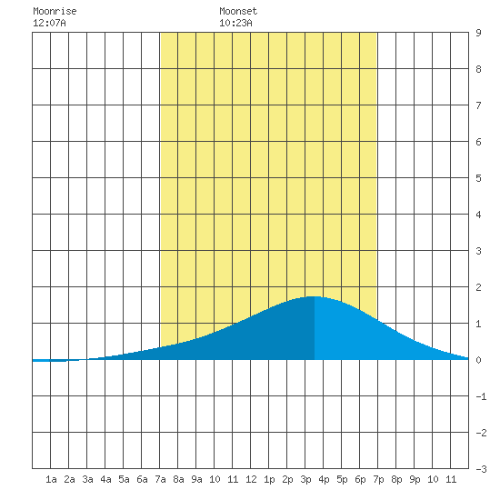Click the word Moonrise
[x=55, y=12]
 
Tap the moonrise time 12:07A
[x=49, y=23]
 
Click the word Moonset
[x=238, y=12]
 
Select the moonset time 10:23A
[x=235, y=23]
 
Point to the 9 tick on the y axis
[x=478, y=33]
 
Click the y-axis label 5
[x=478, y=178]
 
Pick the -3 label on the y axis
[x=481, y=469]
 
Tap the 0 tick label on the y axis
[x=478, y=360]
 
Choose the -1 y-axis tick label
[x=481, y=396]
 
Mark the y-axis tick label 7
[x=478, y=105]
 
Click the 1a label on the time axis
[x=51, y=479]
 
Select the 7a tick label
[x=160, y=479]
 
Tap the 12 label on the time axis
[x=251, y=479]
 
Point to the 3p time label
[x=305, y=479]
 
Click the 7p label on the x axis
[x=378, y=479]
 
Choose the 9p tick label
[x=415, y=479]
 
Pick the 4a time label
[x=105, y=479]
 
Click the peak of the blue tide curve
[x=315, y=297]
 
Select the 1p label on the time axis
[x=269, y=479]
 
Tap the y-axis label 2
[x=478, y=287]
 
